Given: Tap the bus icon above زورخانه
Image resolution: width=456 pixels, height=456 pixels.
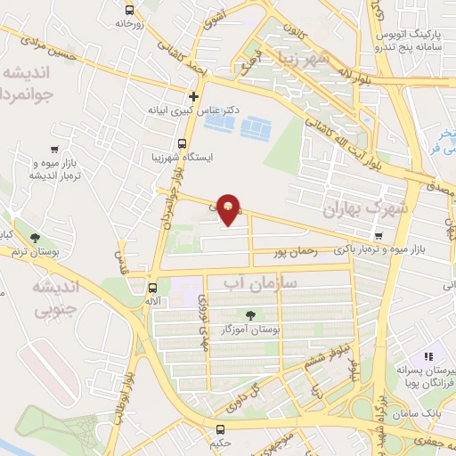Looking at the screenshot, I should pos(130,10).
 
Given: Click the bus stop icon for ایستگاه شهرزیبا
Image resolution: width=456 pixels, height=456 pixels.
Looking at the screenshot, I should pos(182,143).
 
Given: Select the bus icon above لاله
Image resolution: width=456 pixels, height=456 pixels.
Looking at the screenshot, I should pos(152,288).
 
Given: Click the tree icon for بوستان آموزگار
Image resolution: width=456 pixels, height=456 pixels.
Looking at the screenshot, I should pos(250,313).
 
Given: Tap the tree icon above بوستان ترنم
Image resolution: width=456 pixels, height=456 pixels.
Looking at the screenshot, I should pos(34,238).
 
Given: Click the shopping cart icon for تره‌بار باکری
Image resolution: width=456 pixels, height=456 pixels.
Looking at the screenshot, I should pos(380,236).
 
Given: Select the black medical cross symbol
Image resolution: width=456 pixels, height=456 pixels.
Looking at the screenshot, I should pos(193,95).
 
